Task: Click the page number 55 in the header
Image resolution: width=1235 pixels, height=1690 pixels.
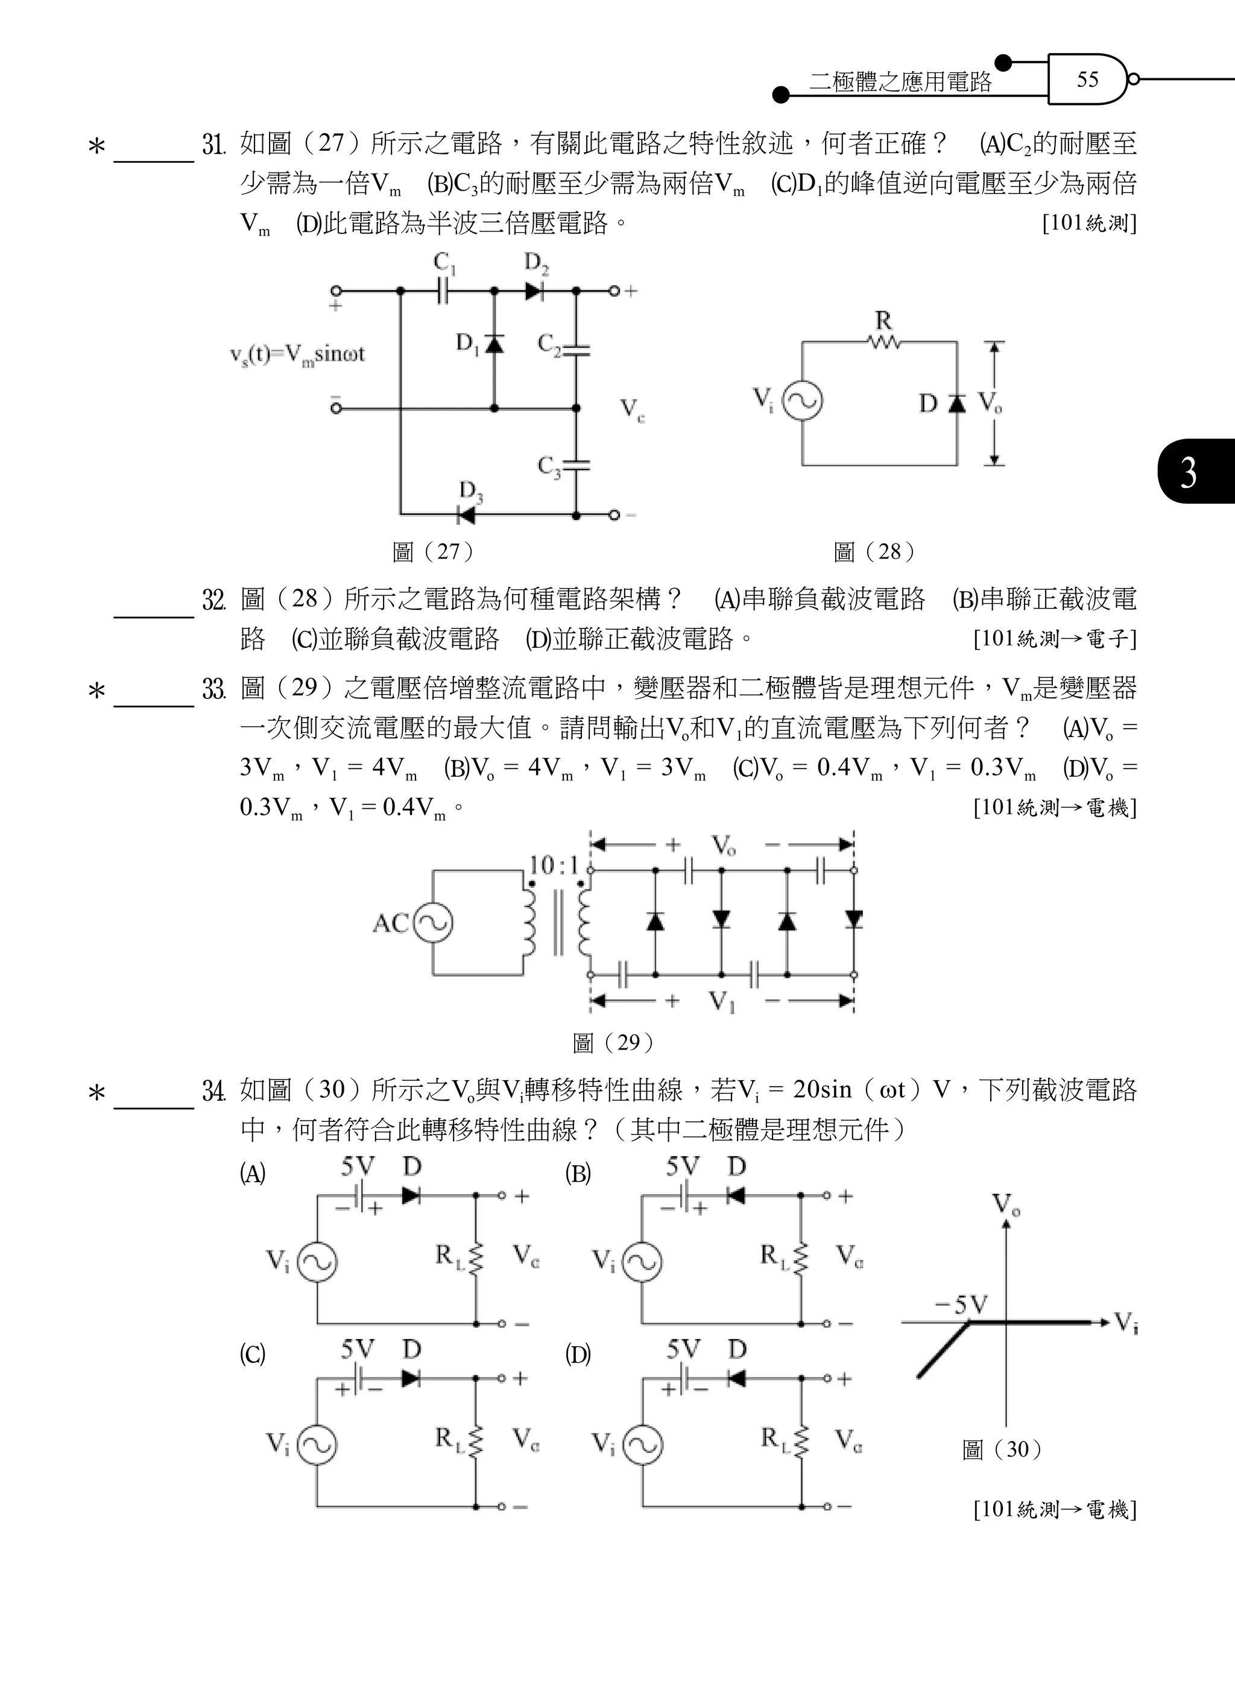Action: tap(1087, 79)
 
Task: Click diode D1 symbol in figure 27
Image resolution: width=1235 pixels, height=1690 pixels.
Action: tap(493, 344)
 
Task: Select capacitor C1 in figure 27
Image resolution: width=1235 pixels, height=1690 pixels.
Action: tap(444, 290)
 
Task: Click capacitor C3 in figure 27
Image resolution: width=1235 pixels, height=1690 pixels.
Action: tap(576, 465)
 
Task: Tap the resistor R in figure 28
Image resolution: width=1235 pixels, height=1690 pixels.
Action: tap(883, 343)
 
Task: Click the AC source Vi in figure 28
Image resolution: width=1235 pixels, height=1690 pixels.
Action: tap(802, 402)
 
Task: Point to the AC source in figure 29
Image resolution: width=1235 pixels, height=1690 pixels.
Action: tap(433, 923)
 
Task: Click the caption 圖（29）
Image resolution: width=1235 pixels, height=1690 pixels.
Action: tap(613, 1042)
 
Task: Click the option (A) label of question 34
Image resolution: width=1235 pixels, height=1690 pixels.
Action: tap(253, 1174)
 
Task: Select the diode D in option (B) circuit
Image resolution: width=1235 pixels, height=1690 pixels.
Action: tap(736, 1195)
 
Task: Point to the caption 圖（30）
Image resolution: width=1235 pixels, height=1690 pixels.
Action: tap(1002, 1449)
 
